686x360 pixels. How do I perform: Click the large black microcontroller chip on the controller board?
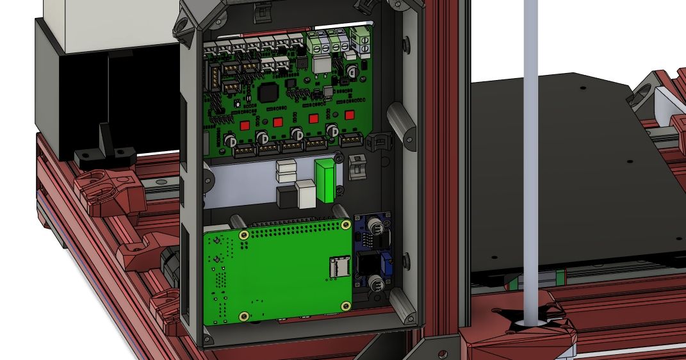coord(267,93)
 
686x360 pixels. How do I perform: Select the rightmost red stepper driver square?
coord(349,116)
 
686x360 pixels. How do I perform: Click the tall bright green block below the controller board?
coord(325,180)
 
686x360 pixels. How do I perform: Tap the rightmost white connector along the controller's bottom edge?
coord(351,142)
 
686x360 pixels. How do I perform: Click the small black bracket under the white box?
coord(105,149)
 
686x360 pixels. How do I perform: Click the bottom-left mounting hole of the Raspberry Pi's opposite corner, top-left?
coord(243,236)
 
